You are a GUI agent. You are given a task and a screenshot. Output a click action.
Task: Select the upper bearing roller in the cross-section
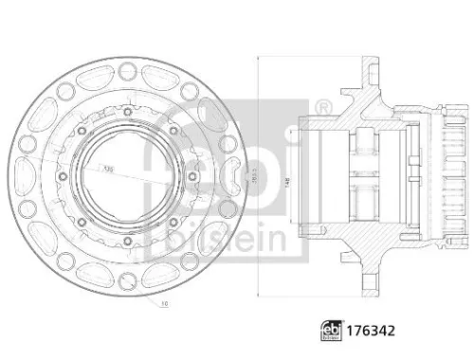(x=364, y=143)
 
